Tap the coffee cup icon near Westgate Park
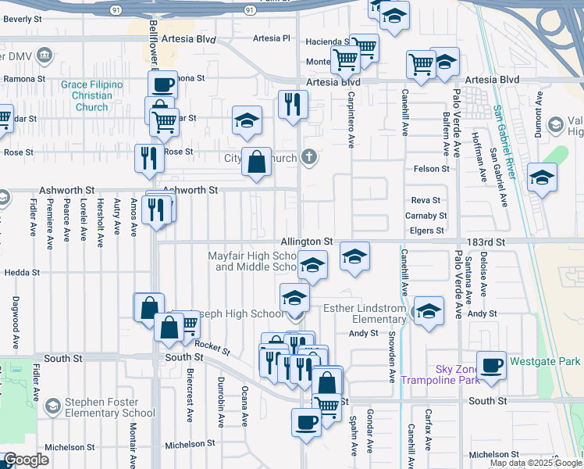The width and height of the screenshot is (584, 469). (x=492, y=365)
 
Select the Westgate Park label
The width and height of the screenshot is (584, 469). (x=544, y=362)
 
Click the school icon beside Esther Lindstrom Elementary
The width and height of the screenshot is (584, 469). (x=428, y=312)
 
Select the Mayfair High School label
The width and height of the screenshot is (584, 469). (x=252, y=261)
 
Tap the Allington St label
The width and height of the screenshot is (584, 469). (x=308, y=242)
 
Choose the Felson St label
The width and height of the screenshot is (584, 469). (x=432, y=168)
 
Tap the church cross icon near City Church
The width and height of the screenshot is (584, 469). (x=310, y=158)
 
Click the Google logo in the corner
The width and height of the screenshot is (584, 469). (x=26, y=460)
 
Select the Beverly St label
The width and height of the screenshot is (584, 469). (x=23, y=18)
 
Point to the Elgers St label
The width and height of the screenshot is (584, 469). (x=426, y=231)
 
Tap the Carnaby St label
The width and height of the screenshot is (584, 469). (x=426, y=216)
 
